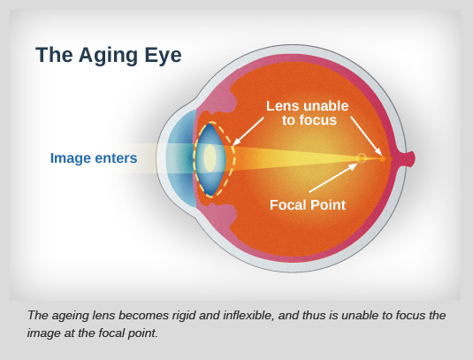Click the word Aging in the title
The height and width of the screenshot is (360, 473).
click(108, 56)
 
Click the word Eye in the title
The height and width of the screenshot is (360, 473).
click(163, 55)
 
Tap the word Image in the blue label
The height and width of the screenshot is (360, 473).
click(70, 158)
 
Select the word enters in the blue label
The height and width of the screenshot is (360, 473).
click(116, 158)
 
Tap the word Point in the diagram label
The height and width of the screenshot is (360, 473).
click(328, 205)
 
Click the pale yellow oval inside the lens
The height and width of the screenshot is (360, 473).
click(210, 158)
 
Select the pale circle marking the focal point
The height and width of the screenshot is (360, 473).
click(362, 158)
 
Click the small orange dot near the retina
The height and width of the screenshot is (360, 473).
click(383, 158)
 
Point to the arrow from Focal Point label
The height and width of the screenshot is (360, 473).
click(333, 178)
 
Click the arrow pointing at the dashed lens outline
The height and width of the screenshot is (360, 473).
click(248, 132)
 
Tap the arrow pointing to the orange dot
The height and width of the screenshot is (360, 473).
click(366, 136)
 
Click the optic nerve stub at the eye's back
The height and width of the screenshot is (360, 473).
click(408, 158)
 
